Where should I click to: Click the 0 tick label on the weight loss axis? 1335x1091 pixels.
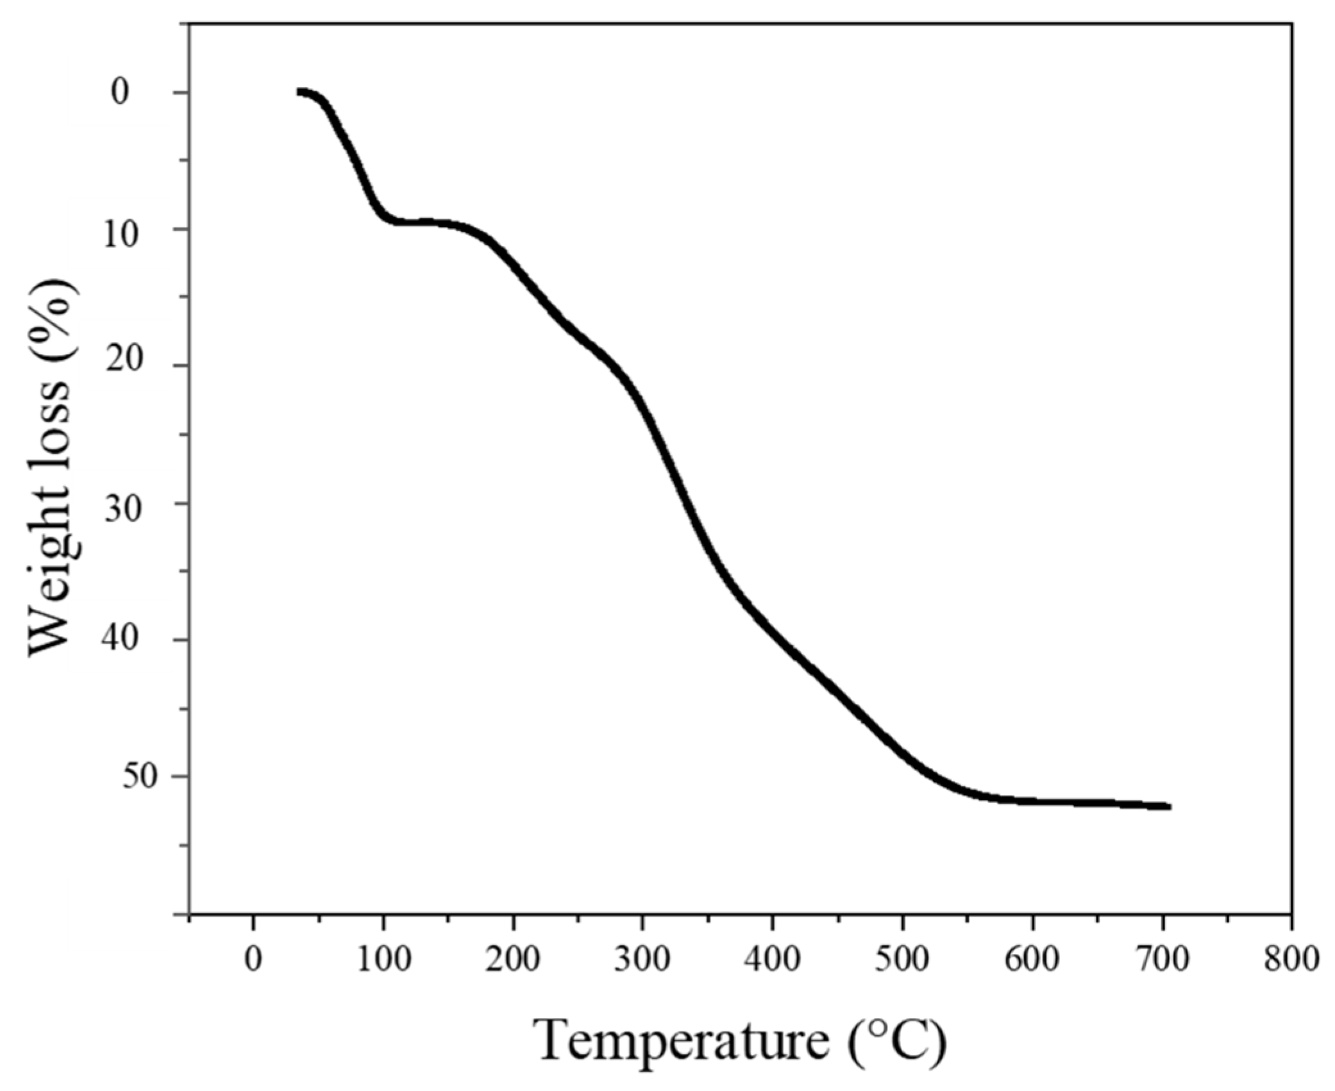tap(121, 93)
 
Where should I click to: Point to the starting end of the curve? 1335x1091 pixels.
tap(299, 92)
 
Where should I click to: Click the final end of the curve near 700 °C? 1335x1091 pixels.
tap(1168, 806)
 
